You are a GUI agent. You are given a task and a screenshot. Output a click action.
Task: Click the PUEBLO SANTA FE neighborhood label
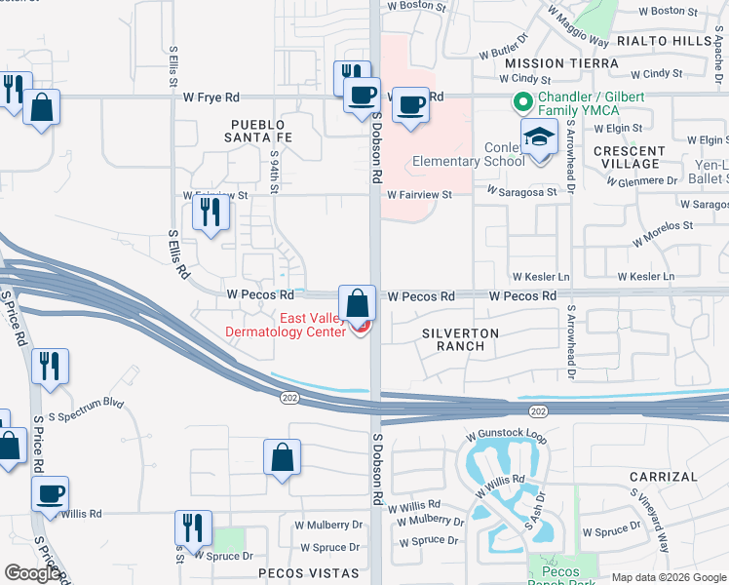257,132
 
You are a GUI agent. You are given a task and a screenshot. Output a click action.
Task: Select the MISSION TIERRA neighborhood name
561,62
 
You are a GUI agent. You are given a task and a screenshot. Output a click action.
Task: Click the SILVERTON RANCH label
460,339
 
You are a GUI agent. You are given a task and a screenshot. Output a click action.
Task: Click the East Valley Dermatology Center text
286,325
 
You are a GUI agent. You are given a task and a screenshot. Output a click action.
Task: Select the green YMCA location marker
522,100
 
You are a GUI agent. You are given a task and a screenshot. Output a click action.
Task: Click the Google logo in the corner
32,573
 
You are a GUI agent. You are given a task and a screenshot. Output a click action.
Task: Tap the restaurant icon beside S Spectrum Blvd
50,367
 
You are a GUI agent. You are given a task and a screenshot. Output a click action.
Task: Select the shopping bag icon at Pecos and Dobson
357,302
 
